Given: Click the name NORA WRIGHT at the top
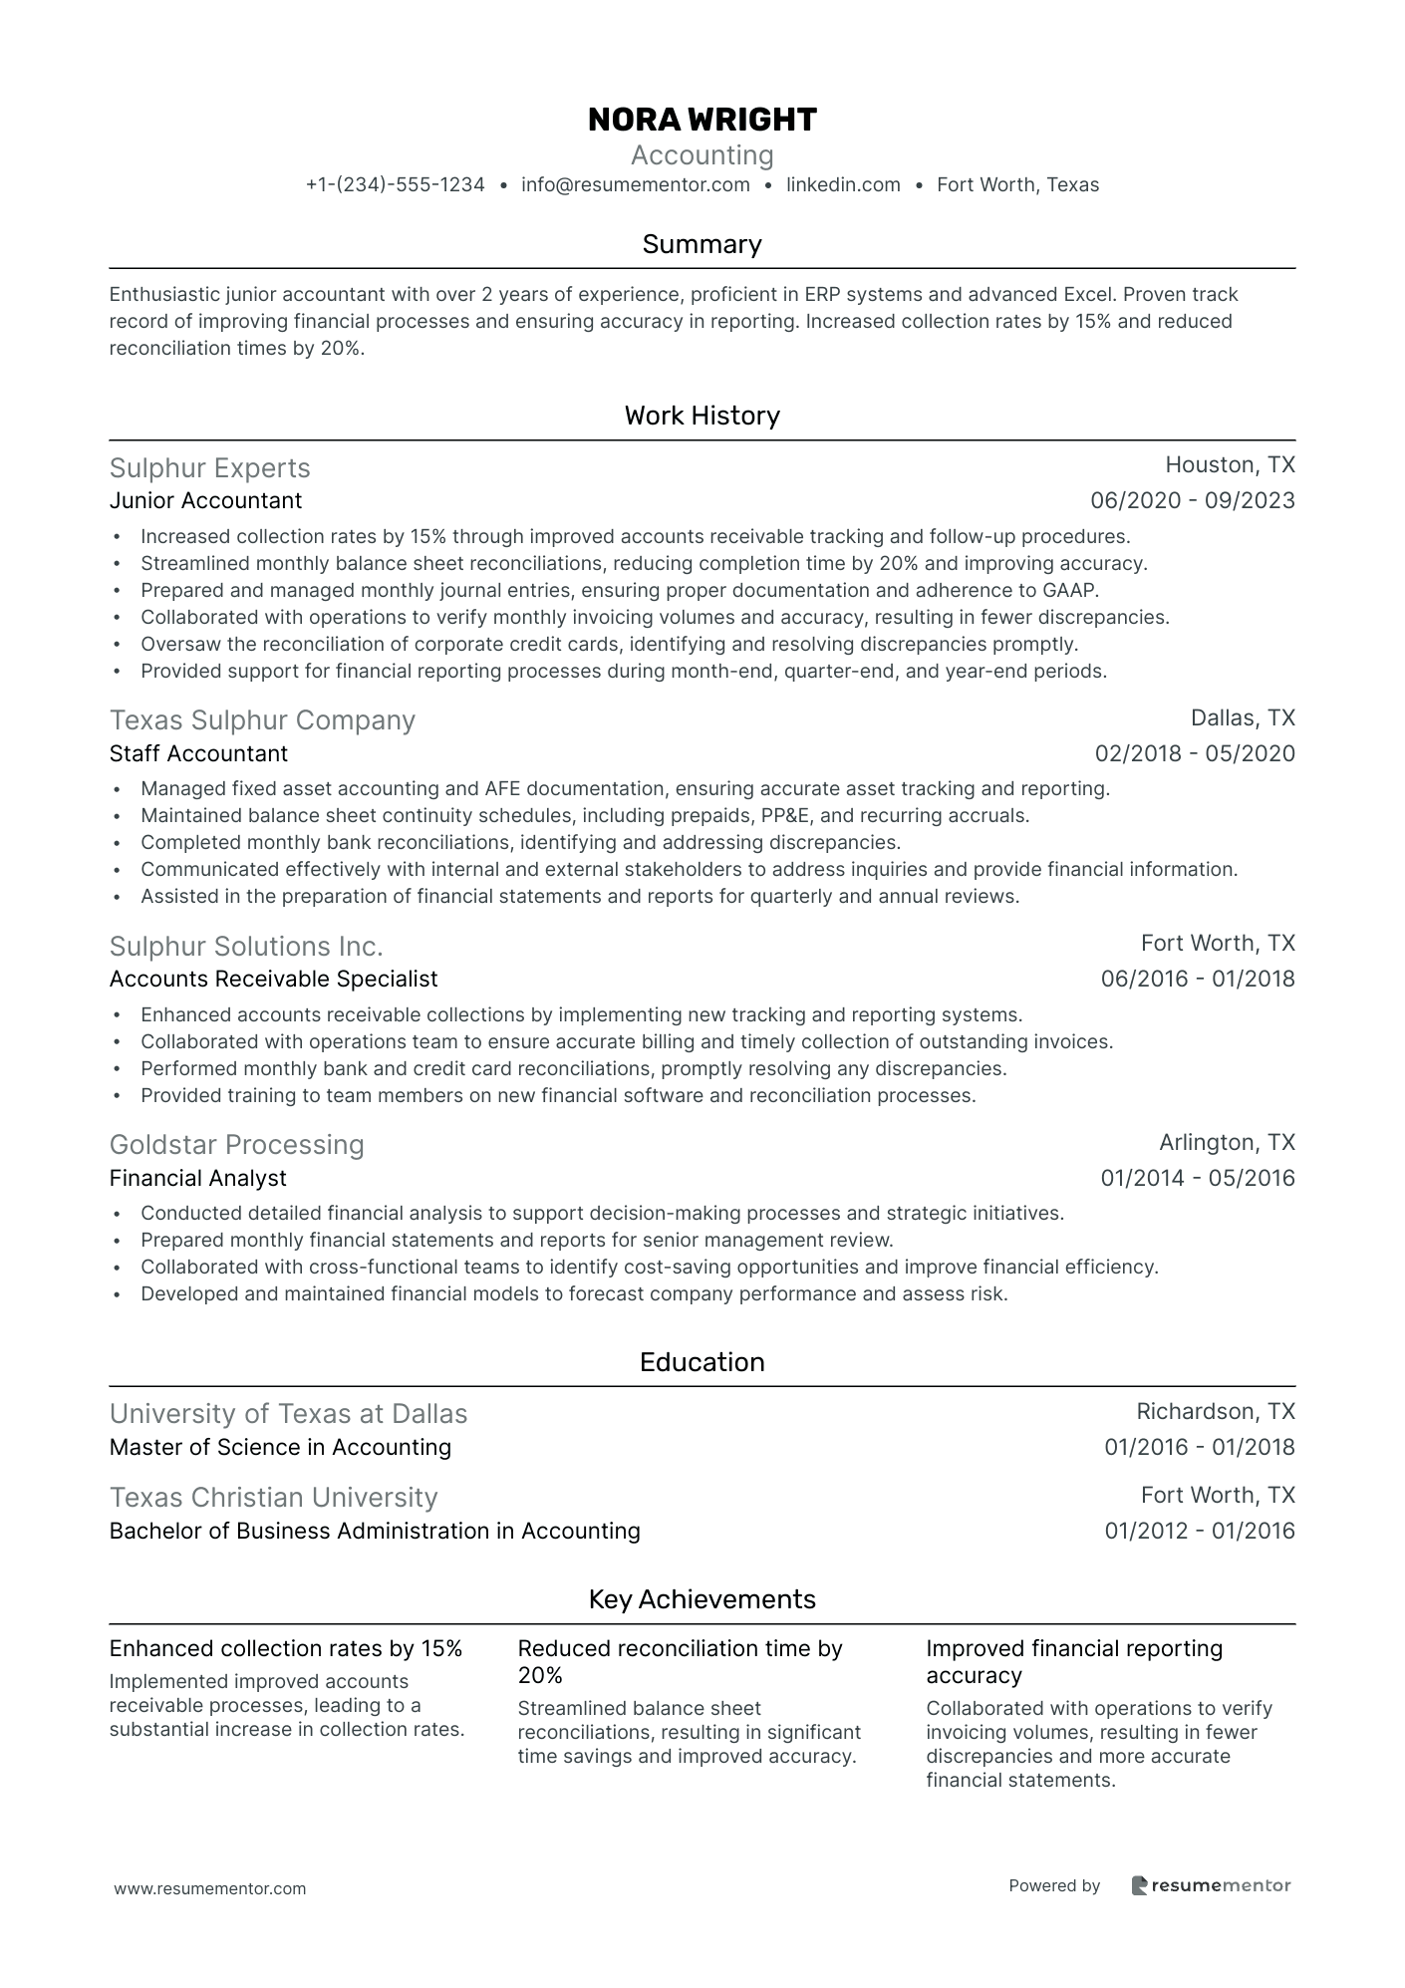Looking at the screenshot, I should (702, 120).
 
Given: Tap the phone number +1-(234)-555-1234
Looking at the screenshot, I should (395, 185).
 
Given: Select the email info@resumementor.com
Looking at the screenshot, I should (635, 185).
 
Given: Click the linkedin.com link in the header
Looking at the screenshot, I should (843, 185).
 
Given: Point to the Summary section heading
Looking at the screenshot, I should (702, 244).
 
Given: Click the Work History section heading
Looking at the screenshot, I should (702, 416).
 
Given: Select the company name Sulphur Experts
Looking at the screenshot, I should (209, 468).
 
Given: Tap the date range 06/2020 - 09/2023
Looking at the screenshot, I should (1192, 500).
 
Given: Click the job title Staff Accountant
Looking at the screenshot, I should (198, 753).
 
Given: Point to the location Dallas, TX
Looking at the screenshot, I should (1243, 718).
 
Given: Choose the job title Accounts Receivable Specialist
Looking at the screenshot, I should (273, 979).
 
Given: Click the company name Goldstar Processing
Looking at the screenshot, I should (236, 1144).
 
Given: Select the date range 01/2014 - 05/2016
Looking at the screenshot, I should (1197, 1178).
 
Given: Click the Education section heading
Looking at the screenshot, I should (702, 1362).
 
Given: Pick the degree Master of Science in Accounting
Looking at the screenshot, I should (280, 1447).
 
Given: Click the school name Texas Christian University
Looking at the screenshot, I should (273, 1498).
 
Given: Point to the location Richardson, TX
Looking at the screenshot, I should (1215, 1412).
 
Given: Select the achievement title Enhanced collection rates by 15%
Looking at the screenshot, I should (285, 1648).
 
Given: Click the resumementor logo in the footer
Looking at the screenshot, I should (1211, 1885).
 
